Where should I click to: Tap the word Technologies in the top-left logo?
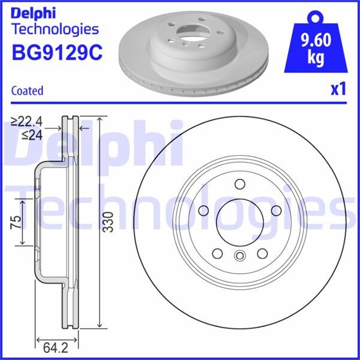coord(55,29)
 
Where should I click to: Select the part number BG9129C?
coord(56,53)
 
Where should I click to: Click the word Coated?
coord(28,91)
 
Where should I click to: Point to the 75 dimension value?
coord(17,223)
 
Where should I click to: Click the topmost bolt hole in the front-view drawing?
coord(239,184)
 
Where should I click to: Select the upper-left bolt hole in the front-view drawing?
coord(202,211)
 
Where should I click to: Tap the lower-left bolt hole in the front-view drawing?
coord(217,254)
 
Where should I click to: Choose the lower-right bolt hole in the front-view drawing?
coord(262,254)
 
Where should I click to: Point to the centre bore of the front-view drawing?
coord(239,223)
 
